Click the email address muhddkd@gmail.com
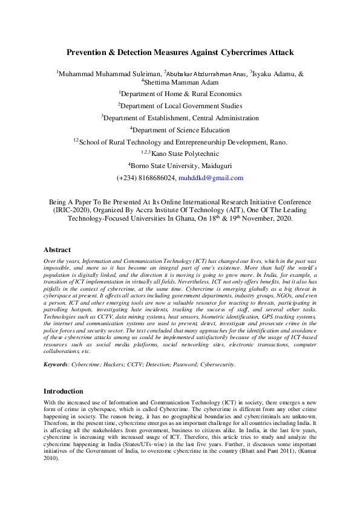(211, 178)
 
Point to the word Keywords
(55, 365)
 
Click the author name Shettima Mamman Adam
(179, 82)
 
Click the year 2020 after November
(281, 219)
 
